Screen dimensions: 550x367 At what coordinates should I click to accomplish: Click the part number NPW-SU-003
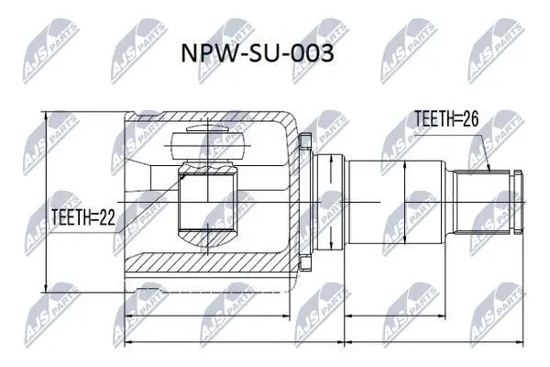point(257,53)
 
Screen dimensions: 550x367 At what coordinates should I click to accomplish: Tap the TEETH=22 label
point(83,217)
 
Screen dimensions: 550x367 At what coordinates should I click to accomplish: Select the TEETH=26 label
point(446,118)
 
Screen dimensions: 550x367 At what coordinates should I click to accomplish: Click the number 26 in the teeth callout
point(471,118)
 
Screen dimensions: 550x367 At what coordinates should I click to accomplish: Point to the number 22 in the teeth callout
point(107,217)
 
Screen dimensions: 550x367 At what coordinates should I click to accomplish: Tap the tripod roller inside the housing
point(207,144)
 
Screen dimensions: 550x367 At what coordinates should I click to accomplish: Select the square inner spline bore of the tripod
point(206,202)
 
